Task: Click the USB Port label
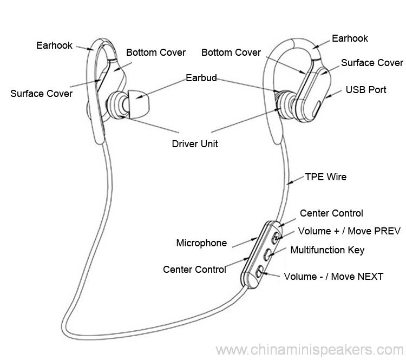[x=366, y=89]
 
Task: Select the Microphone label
[x=201, y=243]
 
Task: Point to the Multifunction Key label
[x=328, y=250]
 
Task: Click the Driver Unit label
[x=195, y=144]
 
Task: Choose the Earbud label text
[x=201, y=78]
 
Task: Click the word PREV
[x=386, y=231]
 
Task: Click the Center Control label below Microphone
[x=194, y=269]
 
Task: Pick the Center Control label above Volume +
[x=331, y=213]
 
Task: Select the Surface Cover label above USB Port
[x=372, y=63]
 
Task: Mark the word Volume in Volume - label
[x=302, y=277]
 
